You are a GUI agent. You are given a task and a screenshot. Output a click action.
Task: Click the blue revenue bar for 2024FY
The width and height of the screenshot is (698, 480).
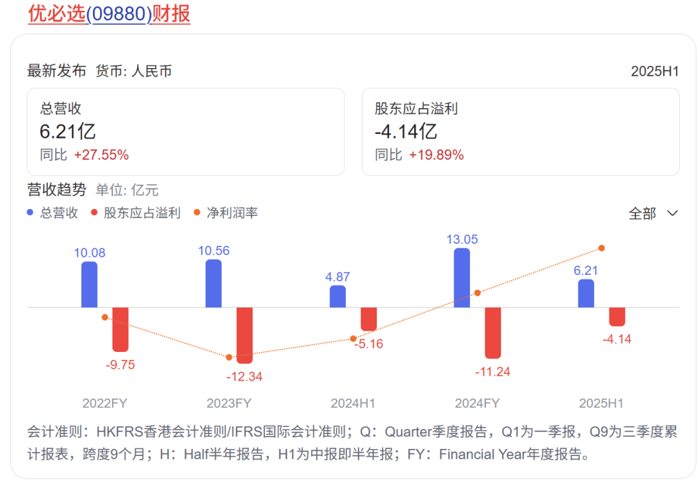tap(462, 278)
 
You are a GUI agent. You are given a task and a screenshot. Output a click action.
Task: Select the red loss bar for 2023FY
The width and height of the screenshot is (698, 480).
tap(244, 334)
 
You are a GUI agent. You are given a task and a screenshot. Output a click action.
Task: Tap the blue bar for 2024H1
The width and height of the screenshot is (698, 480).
tap(337, 296)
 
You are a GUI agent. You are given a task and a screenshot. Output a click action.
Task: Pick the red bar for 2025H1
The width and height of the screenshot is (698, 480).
tap(617, 316)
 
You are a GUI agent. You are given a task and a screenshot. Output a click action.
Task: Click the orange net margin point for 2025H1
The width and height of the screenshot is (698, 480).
tap(602, 248)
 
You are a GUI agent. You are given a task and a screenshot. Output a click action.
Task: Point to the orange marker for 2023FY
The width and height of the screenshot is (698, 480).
tap(229, 357)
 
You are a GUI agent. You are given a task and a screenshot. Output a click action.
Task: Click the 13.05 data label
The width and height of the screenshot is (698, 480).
tap(462, 239)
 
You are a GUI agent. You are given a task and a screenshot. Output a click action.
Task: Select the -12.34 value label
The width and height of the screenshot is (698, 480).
tap(244, 376)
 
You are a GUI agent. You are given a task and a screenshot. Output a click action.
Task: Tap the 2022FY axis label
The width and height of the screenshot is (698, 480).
tap(105, 403)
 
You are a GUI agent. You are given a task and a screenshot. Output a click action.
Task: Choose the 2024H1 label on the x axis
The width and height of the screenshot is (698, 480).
tap(353, 403)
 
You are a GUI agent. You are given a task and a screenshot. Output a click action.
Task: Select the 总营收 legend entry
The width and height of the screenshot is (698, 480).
tap(59, 213)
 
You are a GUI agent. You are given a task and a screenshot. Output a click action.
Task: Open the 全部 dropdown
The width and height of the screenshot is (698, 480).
tap(653, 213)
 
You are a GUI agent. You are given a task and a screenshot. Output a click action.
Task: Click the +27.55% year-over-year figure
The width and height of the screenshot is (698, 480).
tap(101, 155)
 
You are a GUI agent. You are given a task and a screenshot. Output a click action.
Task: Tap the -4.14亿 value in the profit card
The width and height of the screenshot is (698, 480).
tap(406, 132)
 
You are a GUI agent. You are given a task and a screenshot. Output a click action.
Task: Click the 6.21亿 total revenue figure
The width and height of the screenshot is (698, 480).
tap(67, 132)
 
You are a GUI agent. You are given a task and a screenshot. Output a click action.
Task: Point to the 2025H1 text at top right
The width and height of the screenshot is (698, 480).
tap(655, 71)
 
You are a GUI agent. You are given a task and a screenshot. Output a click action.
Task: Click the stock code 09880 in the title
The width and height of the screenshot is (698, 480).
tap(118, 14)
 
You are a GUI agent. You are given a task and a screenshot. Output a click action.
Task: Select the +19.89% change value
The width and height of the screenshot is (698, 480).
tap(436, 155)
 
